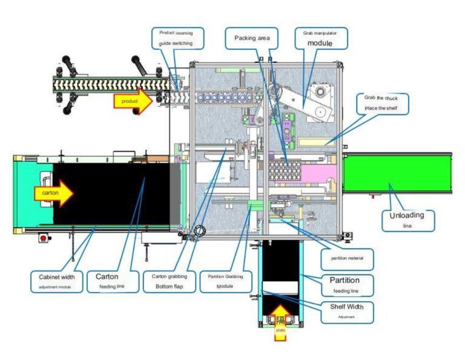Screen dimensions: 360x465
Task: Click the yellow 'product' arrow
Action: click(133, 101)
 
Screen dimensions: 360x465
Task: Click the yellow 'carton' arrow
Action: click(53, 193)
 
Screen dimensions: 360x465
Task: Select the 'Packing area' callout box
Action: click(251, 38)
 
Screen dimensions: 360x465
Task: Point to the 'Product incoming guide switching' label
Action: click(177, 38)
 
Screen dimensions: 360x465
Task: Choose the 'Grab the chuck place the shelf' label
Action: click(386, 104)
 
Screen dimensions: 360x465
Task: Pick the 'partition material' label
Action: click(348, 259)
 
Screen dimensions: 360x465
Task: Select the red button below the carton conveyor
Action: click(43, 238)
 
